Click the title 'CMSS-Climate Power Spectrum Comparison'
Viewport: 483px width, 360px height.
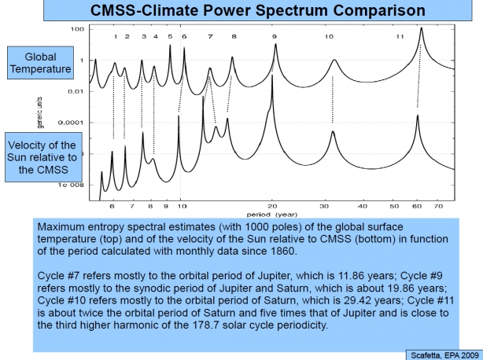click(x=241, y=11)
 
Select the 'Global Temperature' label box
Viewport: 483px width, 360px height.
click(x=39, y=63)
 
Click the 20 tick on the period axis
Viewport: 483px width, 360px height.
click(x=272, y=206)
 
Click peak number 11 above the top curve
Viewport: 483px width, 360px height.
click(x=400, y=37)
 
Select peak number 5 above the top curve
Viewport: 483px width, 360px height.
click(x=170, y=37)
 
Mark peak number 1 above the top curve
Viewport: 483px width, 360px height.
click(x=116, y=37)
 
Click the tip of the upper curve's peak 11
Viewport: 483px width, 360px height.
click(x=422, y=28)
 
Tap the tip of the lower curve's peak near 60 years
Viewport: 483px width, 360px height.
click(x=418, y=116)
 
